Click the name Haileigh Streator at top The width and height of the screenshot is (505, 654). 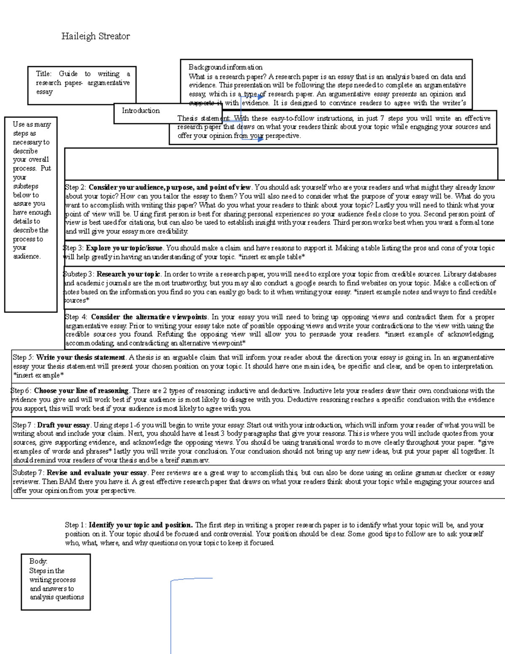tap(96, 37)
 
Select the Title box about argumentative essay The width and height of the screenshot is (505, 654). tap(82, 85)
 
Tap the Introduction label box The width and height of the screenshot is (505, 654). tap(141, 111)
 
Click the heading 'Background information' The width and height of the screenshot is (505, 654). tap(225, 67)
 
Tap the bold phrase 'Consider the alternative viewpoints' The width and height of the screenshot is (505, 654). tap(149, 317)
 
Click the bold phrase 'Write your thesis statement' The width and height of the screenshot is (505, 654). tap(81, 358)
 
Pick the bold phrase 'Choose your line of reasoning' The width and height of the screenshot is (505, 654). tap(81, 391)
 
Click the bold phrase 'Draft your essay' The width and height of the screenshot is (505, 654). tap(64, 425)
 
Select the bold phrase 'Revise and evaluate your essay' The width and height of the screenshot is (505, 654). tap(97, 473)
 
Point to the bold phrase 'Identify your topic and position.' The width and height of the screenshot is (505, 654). tap(141, 525)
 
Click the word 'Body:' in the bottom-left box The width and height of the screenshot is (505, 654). tap(38, 561)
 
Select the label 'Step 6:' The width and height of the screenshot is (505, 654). tap(21, 391)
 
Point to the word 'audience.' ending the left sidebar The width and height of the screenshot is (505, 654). tap(27, 256)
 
